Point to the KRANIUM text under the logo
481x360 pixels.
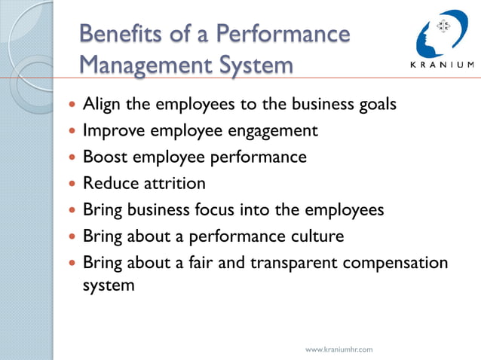[441, 64]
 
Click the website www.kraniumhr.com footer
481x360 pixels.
[339, 349]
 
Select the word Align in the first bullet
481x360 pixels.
[102, 104]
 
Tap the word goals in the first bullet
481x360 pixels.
[374, 104]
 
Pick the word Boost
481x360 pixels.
[105, 157]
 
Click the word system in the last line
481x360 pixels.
[109, 286]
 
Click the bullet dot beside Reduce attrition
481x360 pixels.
[72, 184]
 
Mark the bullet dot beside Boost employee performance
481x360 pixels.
[72, 157]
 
